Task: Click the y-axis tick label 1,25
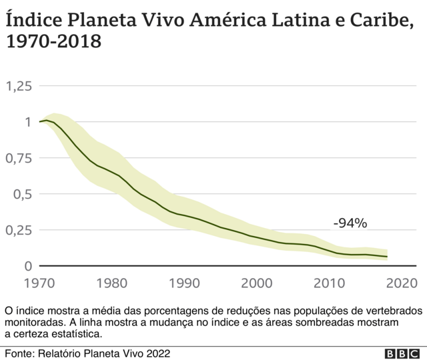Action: [x=18, y=86]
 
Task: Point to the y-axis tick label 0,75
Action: [x=18, y=159]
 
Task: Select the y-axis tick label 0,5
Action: [x=22, y=194]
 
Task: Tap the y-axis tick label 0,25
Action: [x=18, y=230]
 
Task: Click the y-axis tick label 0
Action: [x=27, y=266]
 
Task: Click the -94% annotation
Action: [x=350, y=223]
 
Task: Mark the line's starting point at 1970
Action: [x=40, y=121]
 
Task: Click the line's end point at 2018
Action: [x=387, y=257]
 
